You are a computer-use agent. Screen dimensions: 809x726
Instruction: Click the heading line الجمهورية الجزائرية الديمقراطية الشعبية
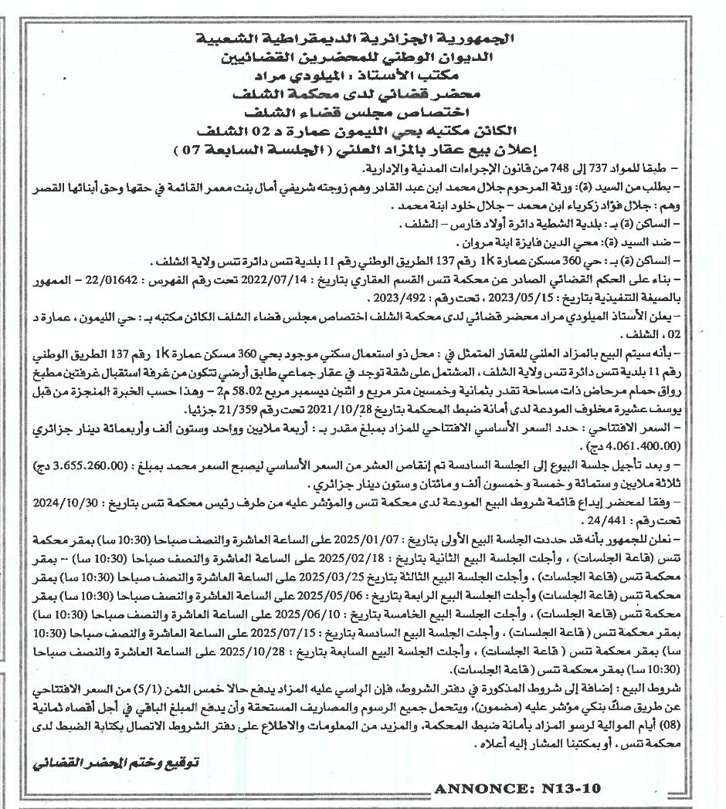[363, 39]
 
